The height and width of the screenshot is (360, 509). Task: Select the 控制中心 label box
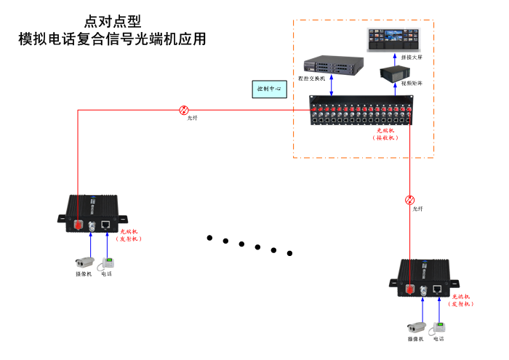click(270, 89)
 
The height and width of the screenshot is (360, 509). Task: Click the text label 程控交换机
click(311, 78)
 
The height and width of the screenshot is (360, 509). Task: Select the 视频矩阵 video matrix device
click(397, 72)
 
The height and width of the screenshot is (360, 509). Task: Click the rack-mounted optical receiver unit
click(359, 114)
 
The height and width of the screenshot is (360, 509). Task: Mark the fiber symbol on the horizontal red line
click(183, 110)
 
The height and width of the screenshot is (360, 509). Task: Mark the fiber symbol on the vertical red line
click(409, 199)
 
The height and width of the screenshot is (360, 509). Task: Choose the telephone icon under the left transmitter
click(106, 262)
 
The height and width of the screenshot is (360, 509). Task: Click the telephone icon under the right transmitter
click(438, 327)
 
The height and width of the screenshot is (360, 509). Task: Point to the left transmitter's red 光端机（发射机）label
click(130, 235)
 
